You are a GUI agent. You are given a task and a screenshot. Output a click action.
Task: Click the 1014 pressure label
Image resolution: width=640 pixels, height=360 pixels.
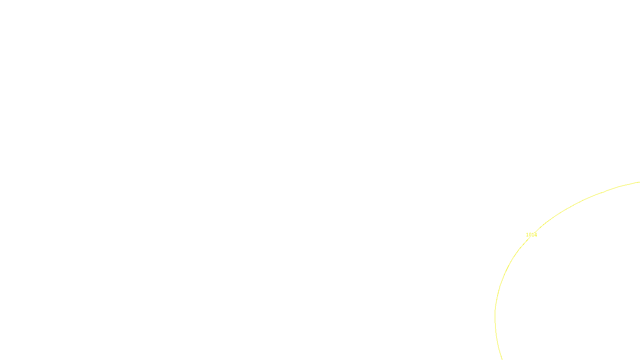point(531,235)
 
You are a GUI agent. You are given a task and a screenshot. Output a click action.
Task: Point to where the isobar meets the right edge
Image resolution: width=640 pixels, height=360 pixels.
point(639,182)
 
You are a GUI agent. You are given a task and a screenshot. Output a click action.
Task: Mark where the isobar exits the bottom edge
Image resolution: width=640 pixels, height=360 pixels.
point(502,358)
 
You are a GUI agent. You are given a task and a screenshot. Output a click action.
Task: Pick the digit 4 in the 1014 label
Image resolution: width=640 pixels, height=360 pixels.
point(536,235)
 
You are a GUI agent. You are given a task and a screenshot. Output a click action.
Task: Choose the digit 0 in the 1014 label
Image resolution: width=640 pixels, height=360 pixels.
point(530,235)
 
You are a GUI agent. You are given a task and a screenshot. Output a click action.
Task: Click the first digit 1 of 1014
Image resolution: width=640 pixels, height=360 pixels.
point(527,235)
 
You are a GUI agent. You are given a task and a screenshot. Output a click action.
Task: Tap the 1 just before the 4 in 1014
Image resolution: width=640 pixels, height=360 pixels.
point(533,235)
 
